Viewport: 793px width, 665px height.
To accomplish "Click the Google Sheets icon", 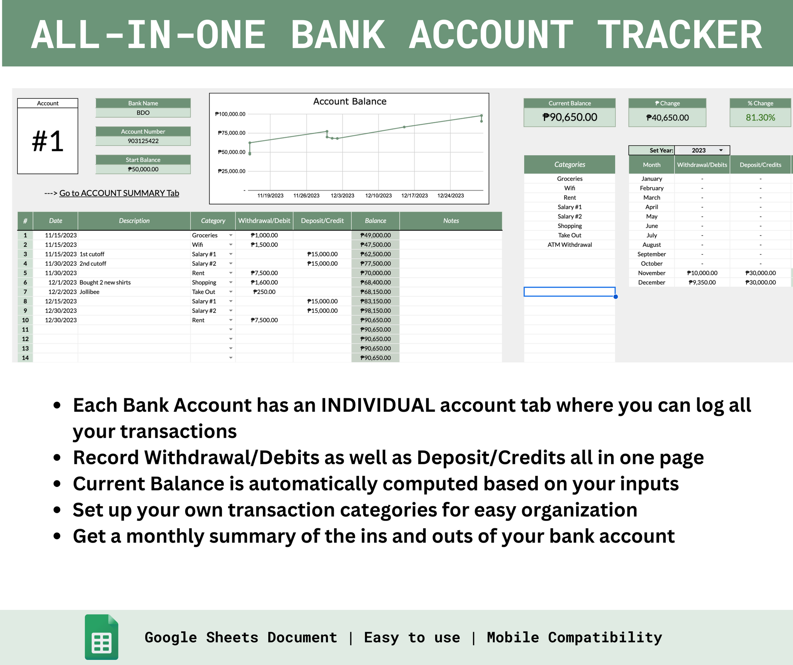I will (x=101, y=637).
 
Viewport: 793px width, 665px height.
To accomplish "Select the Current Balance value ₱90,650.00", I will (x=570, y=117).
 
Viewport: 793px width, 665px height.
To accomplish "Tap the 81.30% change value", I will (x=760, y=118).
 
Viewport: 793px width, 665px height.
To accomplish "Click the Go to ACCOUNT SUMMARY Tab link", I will (x=119, y=193).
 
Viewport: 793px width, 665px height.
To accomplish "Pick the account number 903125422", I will (x=143, y=141).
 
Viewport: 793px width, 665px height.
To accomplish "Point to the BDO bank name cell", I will (x=143, y=113).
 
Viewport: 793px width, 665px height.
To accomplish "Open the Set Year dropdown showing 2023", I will (x=702, y=150).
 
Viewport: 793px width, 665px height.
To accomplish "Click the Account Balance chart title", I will (x=350, y=101).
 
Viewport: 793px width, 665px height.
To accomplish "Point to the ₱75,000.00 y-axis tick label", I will (x=231, y=133).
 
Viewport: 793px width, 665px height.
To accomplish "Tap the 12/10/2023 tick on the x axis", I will (x=378, y=196).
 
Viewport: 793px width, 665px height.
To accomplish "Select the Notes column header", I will (x=451, y=221).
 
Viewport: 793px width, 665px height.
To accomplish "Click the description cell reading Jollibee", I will (x=89, y=292).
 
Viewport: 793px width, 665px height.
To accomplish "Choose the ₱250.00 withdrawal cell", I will (x=264, y=292).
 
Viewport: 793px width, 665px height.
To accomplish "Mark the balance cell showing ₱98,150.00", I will (x=375, y=311).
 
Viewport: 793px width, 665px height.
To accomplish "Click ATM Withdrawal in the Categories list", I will (x=570, y=245).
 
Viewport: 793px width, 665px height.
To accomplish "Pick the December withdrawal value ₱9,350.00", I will (x=702, y=282).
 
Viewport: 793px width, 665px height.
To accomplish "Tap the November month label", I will (x=652, y=273).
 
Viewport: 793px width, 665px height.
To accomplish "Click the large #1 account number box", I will (x=48, y=141).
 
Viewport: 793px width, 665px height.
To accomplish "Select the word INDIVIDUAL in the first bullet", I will (x=378, y=406).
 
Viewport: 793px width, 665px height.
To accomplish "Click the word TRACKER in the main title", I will (x=680, y=36).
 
